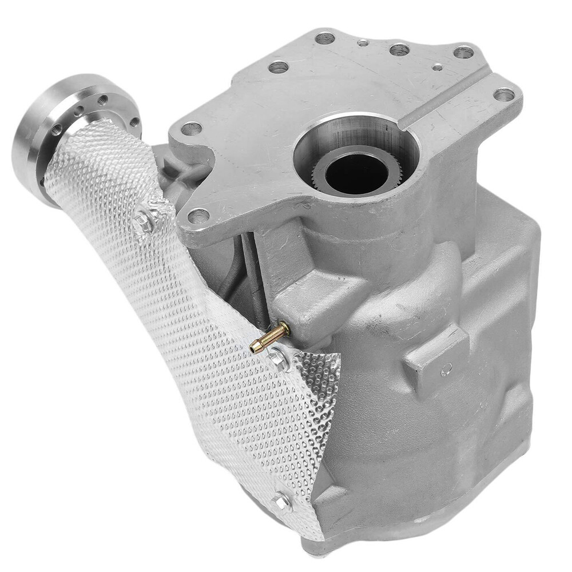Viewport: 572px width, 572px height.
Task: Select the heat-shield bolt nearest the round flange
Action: [x=144, y=221]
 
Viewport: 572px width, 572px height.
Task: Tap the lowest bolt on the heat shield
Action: [x=281, y=502]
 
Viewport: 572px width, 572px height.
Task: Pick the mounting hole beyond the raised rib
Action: [x=503, y=94]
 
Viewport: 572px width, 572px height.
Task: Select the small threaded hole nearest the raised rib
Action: [x=438, y=67]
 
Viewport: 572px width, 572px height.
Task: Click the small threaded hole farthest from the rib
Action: [x=362, y=42]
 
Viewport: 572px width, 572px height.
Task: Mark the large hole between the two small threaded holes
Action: [x=399, y=50]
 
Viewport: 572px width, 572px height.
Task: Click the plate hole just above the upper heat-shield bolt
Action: [x=198, y=216]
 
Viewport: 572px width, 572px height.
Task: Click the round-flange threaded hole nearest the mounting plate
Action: [x=135, y=122]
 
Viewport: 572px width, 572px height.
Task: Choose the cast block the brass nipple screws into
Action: [x=303, y=309]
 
